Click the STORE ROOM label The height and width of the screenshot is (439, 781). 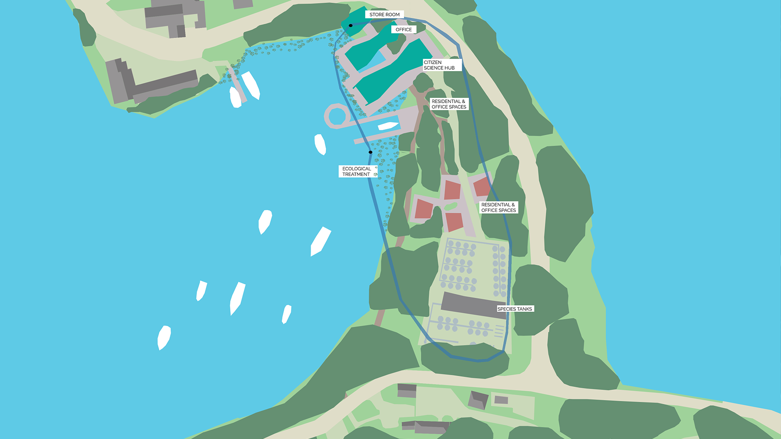click(384, 14)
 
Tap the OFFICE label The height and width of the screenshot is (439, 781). click(404, 29)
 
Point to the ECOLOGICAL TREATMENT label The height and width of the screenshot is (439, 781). click(357, 171)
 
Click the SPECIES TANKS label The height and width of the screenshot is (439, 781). click(515, 309)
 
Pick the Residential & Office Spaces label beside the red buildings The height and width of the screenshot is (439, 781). click(499, 207)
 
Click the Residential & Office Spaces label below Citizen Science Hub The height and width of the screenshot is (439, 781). click(449, 104)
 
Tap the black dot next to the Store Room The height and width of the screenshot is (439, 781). click(351, 26)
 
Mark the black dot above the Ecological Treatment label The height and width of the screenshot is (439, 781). click(370, 152)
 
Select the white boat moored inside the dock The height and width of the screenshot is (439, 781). click(388, 126)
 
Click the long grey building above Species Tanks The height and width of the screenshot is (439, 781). click(473, 305)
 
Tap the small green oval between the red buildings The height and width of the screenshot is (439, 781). click(451, 206)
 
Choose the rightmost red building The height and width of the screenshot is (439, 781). click(482, 186)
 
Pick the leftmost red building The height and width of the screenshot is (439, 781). click(423, 209)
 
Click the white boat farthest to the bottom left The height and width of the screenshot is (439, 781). click(164, 337)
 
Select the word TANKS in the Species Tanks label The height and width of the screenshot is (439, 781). click(524, 309)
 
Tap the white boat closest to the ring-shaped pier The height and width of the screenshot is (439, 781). click(320, 144)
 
